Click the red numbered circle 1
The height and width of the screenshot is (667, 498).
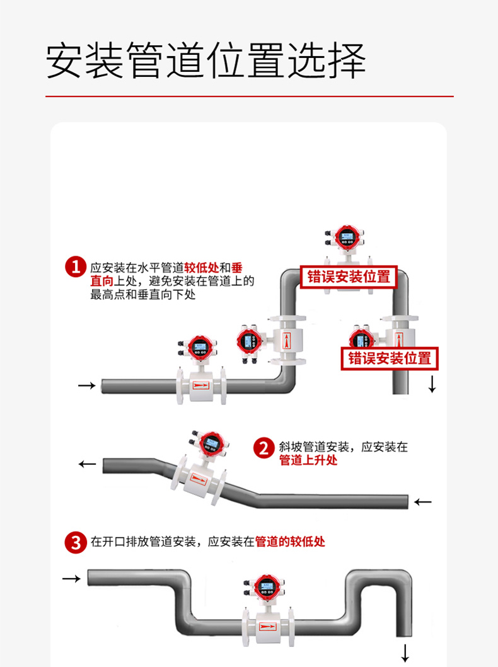pos(75,266)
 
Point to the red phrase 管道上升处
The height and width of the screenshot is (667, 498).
pos(308,460)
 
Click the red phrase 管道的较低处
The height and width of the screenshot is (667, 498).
pos(290,542)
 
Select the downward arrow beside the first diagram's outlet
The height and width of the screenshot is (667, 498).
pos(432,384)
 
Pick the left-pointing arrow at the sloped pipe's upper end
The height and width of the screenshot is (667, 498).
pos(87,465)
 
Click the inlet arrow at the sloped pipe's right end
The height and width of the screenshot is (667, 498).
pos(423,502)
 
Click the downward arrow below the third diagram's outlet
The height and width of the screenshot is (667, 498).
pos(405,652)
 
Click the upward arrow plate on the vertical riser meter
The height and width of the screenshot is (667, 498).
pos(288,341)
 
